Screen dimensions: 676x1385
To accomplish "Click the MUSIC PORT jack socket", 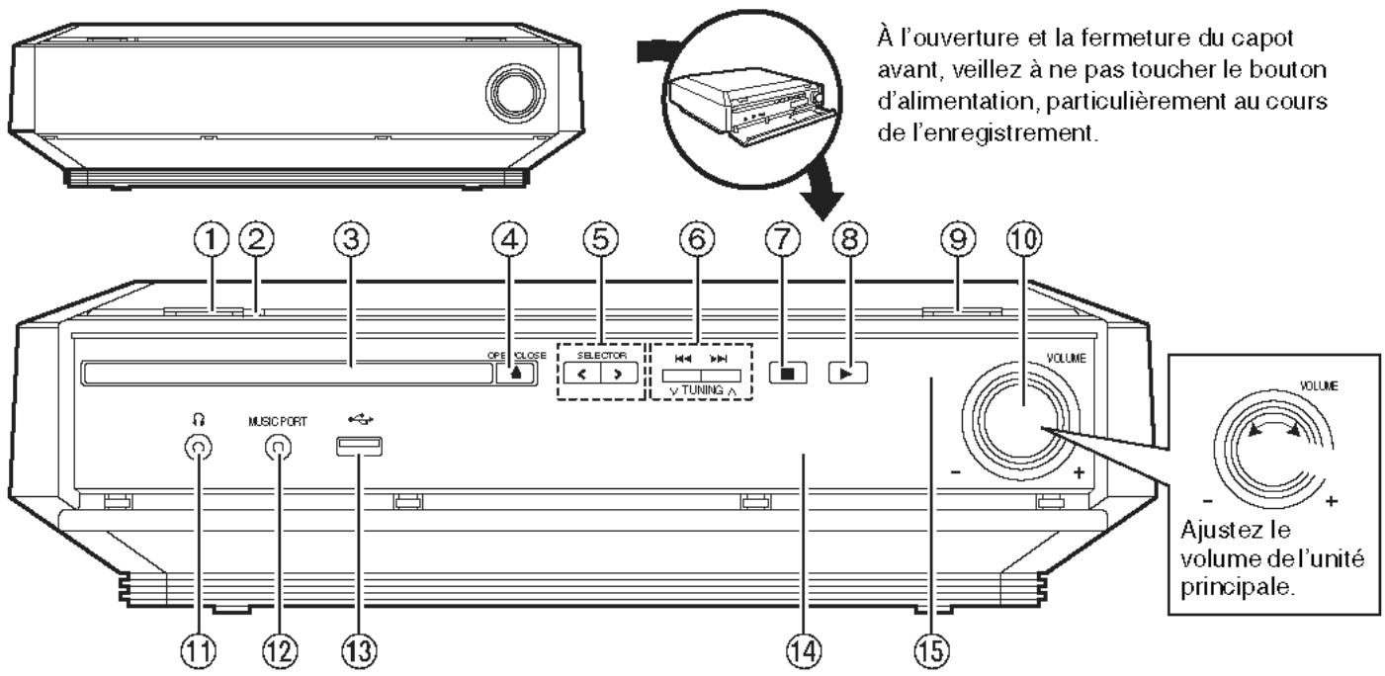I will pyautogui.click(x=278, y=448).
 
